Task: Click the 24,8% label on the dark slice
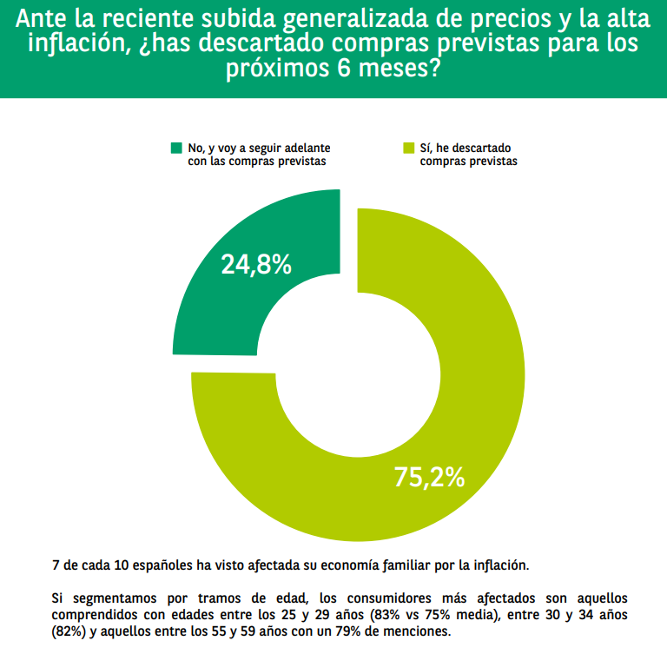255,264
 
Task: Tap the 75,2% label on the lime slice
429,477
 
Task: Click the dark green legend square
177,149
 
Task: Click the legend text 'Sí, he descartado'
465,149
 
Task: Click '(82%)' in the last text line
70,631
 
